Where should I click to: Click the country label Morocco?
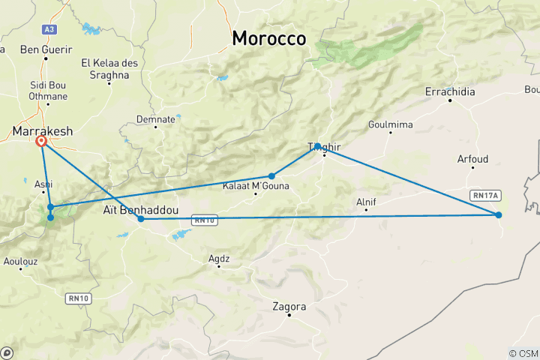(x=268, y=38)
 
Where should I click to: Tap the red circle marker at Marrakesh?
(x=41, y=141)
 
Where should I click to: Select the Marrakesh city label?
(x=43, y=131)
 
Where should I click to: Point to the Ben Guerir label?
(x=46, y=49)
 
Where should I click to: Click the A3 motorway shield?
(x=49, y=29)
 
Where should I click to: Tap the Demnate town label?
(x=156, y=118)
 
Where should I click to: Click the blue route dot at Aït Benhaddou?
(x=141, y=219)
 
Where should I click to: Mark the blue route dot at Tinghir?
(x=318, y=146)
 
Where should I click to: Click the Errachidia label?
(x=450, y=91)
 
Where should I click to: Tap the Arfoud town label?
(x=472, y=159)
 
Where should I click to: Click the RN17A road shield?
(x=484, y=195)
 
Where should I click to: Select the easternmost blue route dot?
(x=499, y=215)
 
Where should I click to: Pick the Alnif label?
(x=366, y=201)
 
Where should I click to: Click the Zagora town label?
(x=289, y=307)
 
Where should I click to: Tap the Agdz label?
(x=219, y=259)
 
